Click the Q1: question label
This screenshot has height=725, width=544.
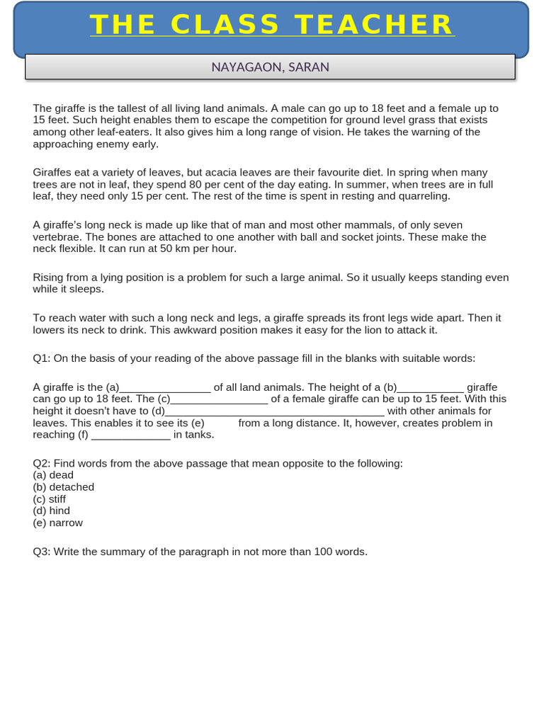click(x=42, y=358)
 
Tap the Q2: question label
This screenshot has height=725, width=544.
click(x=42, y=463)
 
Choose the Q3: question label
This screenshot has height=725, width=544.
click(x=42, y=552)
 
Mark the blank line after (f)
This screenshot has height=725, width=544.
click(x=131, y=435)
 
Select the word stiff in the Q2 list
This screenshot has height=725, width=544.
click(x=57, y=499)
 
